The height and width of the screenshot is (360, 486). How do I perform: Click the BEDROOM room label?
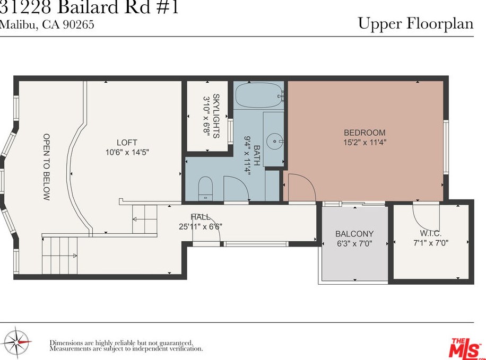coord(364,133)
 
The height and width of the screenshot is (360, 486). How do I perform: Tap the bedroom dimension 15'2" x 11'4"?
coord(364,142)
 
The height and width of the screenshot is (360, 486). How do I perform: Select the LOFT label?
coord(127,142)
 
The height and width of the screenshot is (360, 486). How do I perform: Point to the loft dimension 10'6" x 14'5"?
coord(127,152)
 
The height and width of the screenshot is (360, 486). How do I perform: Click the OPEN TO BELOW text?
coord(47,166)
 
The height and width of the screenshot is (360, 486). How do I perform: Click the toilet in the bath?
coord(205,188)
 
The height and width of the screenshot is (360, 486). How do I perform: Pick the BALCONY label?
coord(354,233)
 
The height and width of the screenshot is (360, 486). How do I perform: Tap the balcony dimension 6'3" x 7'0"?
coord(354,244)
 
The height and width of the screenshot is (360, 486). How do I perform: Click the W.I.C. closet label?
coord(430,233)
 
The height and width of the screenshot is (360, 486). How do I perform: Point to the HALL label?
coord(201,217)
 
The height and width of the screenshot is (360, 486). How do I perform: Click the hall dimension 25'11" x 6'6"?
coord(201,226)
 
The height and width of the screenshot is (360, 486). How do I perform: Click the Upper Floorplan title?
coord(415,24)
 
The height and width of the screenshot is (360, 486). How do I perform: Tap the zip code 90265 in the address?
coord(79,24)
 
